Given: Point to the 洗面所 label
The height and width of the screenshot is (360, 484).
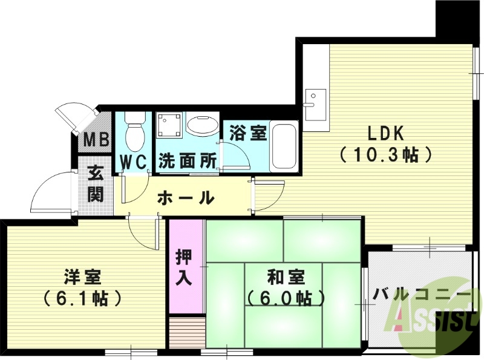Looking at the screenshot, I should (188, 162).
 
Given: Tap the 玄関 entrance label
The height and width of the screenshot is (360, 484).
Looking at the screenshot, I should (96, 184).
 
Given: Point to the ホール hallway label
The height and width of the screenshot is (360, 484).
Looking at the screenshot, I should (186, 197).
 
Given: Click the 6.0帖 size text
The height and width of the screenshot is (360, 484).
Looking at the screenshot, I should (286, 298).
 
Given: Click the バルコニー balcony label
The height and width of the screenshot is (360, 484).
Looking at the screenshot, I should (422, 295).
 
